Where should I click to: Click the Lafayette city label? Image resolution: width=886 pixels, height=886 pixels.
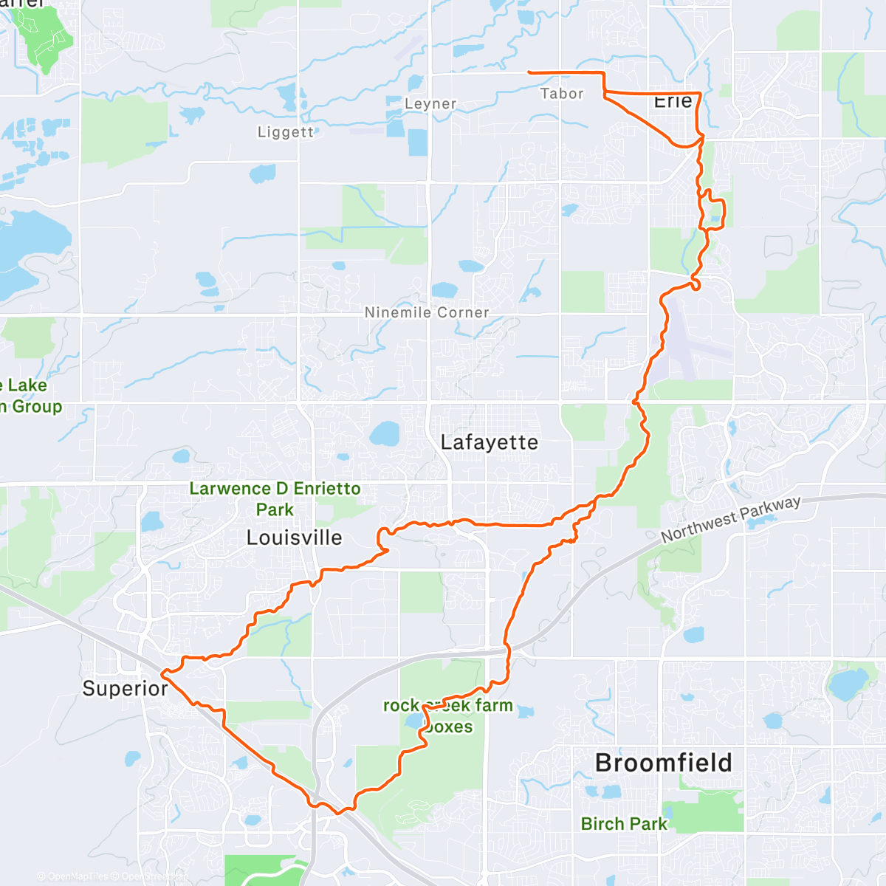pos(489,442)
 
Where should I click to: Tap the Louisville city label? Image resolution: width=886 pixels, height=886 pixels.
pos(294,538)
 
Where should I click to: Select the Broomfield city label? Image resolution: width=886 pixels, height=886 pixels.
pos(663,763)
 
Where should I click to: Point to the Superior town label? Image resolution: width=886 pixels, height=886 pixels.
pos(125,689)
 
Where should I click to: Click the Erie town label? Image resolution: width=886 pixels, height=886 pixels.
pos(673,101)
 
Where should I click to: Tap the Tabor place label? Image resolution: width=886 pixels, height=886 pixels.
pos(562,94)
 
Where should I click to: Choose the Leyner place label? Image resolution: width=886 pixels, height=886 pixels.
pos(430,104)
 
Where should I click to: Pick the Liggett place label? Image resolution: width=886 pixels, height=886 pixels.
pos(286,132)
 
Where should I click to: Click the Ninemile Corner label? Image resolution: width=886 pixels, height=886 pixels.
pos(427,313)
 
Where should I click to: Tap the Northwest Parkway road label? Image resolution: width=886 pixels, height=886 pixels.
pos(730,519)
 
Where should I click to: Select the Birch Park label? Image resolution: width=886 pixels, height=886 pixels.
pos(624,824)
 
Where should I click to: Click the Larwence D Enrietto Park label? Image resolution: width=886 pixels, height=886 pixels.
pos(275,499)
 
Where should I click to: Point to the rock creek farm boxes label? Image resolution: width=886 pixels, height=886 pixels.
pos(448,715)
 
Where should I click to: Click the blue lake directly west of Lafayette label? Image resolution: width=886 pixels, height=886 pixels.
pos(384,434)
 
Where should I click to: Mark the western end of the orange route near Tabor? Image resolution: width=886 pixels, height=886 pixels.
pos(529,72)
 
